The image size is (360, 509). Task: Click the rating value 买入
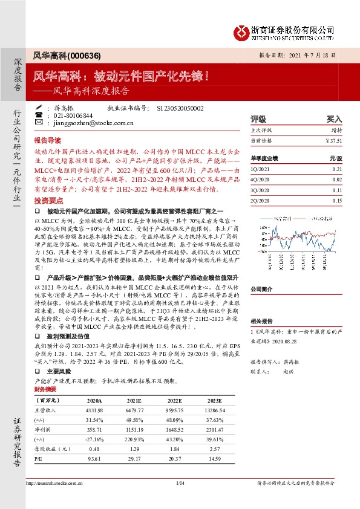pyautogui.click(x=335, y=119)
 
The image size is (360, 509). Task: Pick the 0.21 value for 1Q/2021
pyautogui.click(x=337, y=170)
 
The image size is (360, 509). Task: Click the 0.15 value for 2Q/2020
pyautogui.click(x=337, y=200)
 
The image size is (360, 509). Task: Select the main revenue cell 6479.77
pyautogui.click(x=137, y=409)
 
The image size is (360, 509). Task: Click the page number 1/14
pyautogui.click(x=180, y=483)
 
